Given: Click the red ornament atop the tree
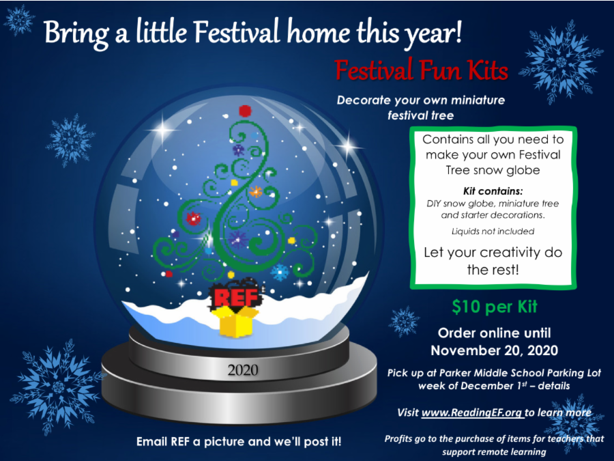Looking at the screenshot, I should pos(246,111).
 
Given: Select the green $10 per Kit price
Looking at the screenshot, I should pos(484,307).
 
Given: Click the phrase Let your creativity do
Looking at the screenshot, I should pos(493,252).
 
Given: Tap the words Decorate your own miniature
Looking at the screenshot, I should pos(420,100).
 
